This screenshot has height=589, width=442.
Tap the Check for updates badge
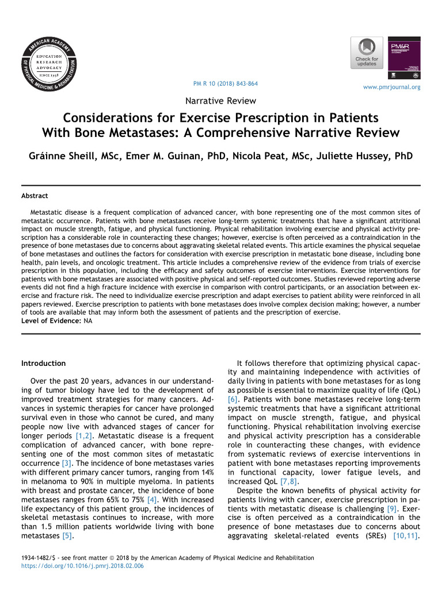click(367, 53)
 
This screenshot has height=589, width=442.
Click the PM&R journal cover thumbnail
click(405, 59)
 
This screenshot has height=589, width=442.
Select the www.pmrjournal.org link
click(391, 87)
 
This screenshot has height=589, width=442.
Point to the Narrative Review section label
click(220, 101)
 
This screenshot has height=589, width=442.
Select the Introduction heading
click(43, 364)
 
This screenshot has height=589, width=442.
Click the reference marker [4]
click(153, 499)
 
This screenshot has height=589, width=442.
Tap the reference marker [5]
click(68, 536)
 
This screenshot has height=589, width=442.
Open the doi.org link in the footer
click(82, 566)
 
